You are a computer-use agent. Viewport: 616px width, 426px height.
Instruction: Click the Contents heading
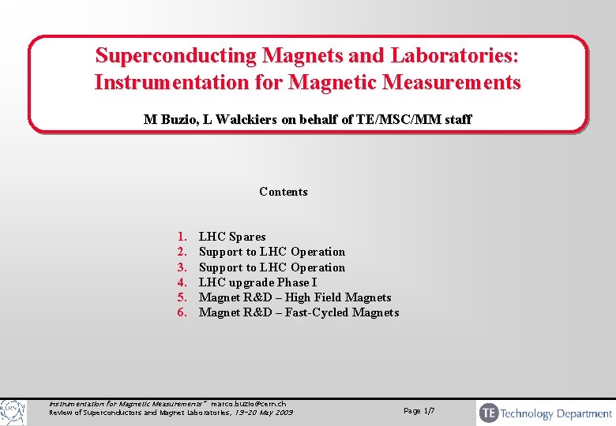click(x=283, y=192)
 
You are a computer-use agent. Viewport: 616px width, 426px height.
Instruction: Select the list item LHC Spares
click(x=232, y=237)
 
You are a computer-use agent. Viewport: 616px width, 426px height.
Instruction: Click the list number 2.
click(x=182, y=252)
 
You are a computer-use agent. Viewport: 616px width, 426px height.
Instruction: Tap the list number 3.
click(x=182, y=267)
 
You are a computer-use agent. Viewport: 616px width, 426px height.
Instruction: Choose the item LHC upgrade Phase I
click(x=257, y=282)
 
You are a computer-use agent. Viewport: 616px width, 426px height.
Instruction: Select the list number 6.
click(x=182, y=313)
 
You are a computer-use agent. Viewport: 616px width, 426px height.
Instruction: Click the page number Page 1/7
click(x=419, y=411)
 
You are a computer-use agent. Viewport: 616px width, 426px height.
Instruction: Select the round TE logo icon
click(x=489, y=413)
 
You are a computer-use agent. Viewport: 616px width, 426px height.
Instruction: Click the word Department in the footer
click(x=584, y=413)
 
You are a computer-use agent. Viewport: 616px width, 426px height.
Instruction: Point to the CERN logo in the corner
click(x=12, y=412)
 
